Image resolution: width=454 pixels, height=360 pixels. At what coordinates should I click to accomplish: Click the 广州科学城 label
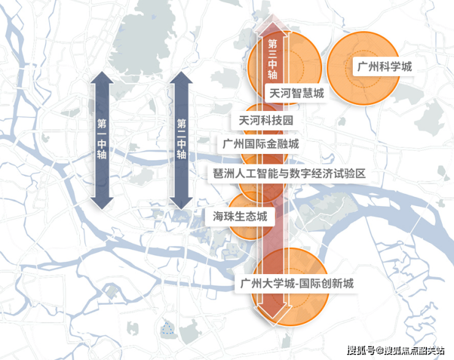pos(384,67)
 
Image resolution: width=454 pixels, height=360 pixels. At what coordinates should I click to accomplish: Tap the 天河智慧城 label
pos(297,93)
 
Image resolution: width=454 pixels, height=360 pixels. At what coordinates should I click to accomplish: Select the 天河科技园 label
pos(266,120)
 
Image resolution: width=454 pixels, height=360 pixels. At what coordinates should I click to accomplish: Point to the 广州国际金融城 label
pos(261,144)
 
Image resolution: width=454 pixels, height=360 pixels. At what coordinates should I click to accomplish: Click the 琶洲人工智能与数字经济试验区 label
pos(289,174)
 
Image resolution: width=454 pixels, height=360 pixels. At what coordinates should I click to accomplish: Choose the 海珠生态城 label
pos(240,216)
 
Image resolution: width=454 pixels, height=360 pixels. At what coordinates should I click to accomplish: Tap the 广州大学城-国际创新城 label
pos(297,283)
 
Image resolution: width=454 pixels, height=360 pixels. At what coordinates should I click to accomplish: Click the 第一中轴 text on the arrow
pos(102,139)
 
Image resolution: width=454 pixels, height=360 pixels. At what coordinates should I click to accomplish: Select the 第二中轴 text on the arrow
pos(181,139)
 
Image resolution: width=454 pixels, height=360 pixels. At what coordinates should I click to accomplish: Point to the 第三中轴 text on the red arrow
pos(272,59)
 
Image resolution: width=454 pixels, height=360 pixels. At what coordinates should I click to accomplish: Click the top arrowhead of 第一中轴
pos(102,77)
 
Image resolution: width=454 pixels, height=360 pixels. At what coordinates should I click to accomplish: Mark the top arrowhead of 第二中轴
pos(181,77)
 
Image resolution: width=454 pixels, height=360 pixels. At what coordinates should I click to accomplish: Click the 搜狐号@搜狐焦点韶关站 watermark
pos(396,350)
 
